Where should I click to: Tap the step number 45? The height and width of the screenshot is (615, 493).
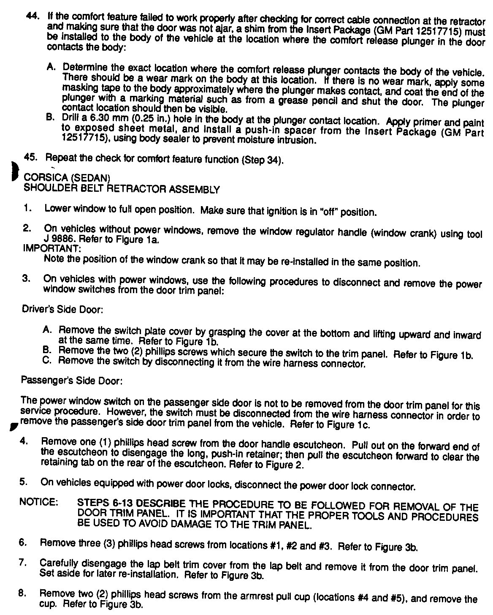pyautogui.click(x=31, y=158)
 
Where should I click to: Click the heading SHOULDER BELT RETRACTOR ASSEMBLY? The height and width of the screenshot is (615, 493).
pyautogui.click(x=122, y=189)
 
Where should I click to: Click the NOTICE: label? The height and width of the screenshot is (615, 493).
pyautogui.click(x=38, y=502)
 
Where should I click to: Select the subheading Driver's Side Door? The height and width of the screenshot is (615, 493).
pyautogui.click(x=62, y=310)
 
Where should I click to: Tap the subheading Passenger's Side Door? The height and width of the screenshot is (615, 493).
pyautogui.click(x=72, y=381)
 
